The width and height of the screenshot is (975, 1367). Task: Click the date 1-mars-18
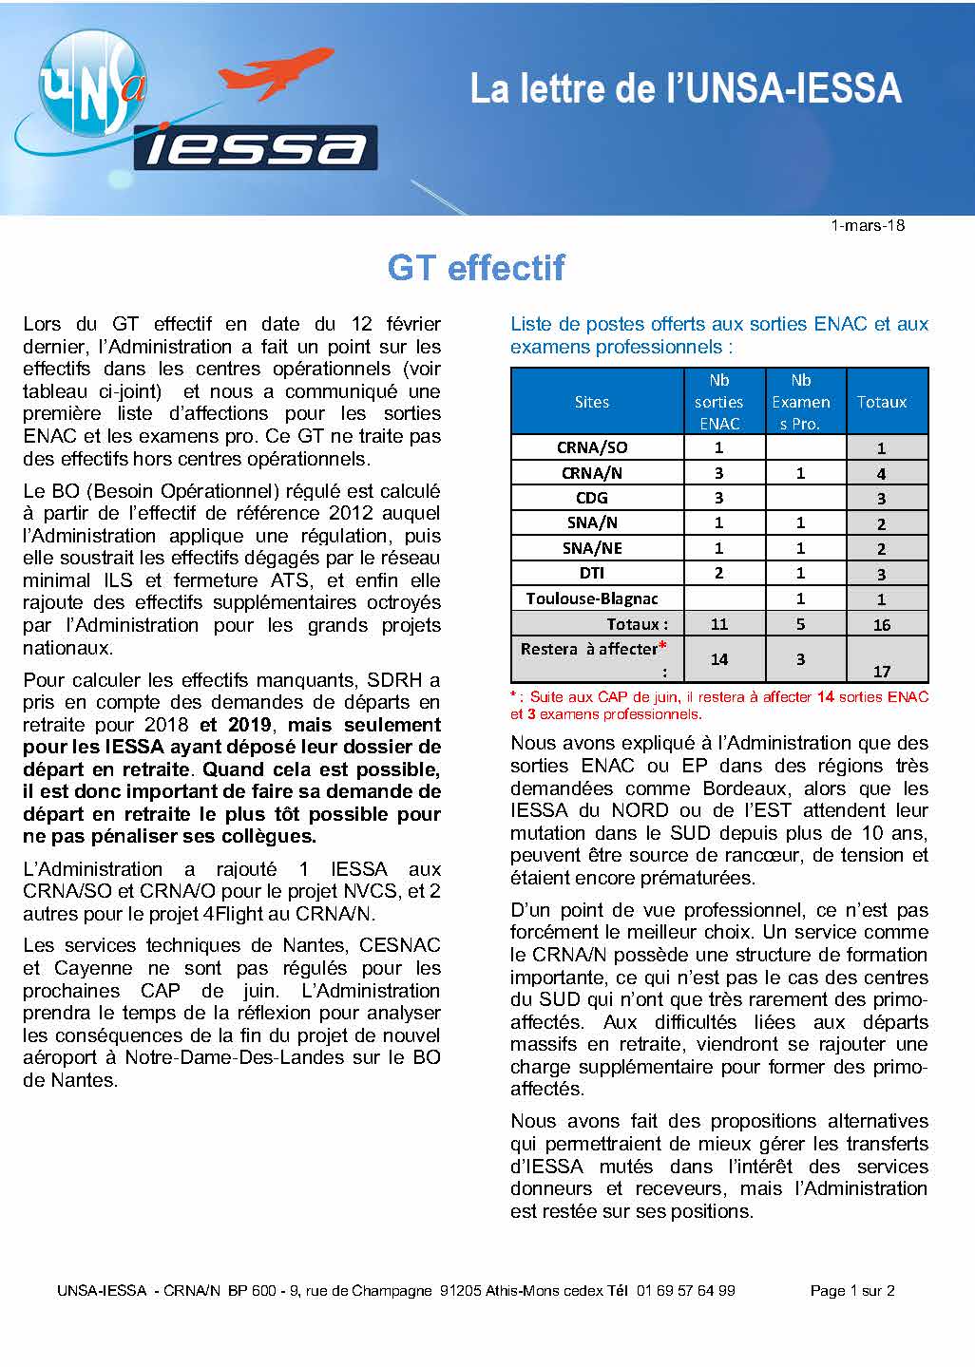[867, 226]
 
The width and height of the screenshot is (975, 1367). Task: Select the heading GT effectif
[476, 268]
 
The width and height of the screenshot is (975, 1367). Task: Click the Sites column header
[591, 402]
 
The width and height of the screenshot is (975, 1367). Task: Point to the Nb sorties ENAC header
[718, 402]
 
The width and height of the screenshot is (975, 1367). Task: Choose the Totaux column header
[882, 402]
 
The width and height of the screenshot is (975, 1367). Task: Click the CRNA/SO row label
[592, 447]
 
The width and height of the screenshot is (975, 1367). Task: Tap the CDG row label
[592, 498]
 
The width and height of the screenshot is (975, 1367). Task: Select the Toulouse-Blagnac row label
[592, 598]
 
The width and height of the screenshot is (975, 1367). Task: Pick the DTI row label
[592, 573]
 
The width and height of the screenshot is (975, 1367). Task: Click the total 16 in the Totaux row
[882, 624]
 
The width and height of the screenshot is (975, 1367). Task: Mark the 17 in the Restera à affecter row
[882, 671]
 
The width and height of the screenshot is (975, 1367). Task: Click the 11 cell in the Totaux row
[718, 624]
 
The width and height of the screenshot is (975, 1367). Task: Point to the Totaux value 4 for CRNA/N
[882, 473]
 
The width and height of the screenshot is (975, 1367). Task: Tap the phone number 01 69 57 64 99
[685, 1291]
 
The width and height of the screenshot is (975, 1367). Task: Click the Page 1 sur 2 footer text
[852, 1291]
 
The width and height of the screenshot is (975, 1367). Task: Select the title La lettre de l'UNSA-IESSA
[685, 88]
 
